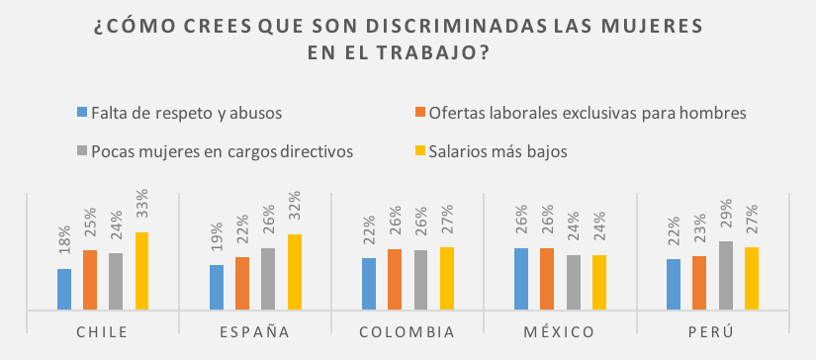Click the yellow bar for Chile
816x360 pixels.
[141, 271]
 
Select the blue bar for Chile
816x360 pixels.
[64, 289]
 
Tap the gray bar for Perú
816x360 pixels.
[726, 276]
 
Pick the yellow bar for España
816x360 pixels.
[295, 272]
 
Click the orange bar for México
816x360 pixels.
[547, 279]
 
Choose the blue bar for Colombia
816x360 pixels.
[369, 284]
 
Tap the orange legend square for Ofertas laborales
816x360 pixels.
[420, 113]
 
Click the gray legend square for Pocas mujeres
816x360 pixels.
[82, 151]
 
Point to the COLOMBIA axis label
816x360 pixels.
[408, 332]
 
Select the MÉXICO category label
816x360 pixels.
[560, 332]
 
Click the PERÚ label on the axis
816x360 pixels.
[712, 332]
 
